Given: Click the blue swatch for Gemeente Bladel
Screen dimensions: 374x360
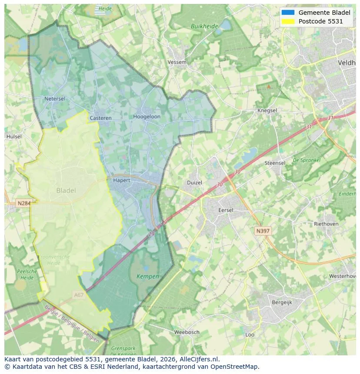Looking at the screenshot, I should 288,13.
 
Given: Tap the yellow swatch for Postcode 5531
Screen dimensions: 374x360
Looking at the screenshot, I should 288,21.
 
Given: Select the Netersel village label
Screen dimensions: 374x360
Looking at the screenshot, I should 55,99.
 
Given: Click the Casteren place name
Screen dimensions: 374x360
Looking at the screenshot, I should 100,118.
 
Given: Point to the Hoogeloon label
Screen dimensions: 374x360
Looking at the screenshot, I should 147,117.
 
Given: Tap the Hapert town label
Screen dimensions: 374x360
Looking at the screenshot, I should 121,180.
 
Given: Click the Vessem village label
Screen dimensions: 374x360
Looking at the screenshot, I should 177,62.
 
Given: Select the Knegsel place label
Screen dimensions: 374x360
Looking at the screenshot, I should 267,111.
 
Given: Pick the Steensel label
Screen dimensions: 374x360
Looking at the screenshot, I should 275,163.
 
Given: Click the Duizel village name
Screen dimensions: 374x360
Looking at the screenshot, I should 194,183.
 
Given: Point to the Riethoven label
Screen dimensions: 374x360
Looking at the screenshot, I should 326,224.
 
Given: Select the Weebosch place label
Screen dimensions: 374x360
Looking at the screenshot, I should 187,332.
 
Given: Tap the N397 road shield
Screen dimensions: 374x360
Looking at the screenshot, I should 263,231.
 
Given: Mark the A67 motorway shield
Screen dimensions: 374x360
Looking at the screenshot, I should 79,295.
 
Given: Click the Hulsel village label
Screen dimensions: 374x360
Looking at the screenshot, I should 14,136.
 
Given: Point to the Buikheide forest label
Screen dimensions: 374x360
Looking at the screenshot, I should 204,26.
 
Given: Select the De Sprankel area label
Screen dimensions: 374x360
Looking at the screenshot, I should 307,160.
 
